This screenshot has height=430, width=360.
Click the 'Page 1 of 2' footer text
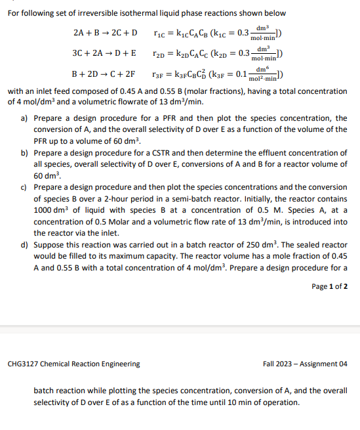(330, 286)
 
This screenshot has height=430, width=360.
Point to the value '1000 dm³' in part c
(49, 210)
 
